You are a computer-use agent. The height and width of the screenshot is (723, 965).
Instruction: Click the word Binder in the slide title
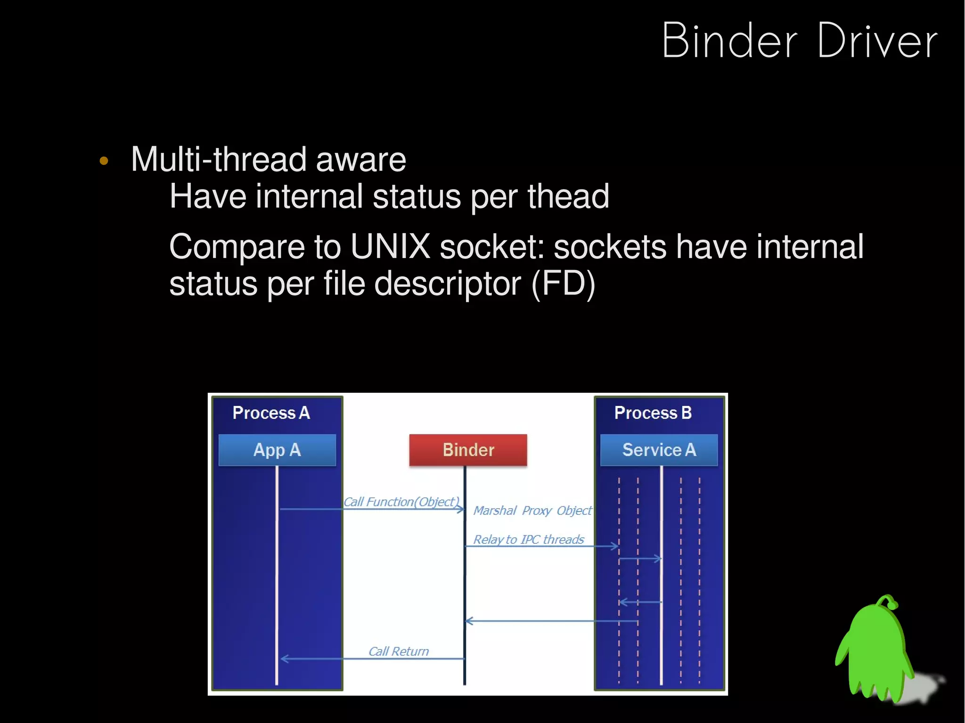pos(729,41)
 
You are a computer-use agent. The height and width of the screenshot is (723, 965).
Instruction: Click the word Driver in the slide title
pos(877,41)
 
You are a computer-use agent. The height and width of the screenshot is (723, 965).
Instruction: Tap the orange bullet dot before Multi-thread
pos(104,161)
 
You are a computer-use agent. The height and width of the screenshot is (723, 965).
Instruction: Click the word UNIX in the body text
pos(390,246)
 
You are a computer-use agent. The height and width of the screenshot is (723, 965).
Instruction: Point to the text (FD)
pos(563,284)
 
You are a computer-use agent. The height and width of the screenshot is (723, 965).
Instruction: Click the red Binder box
pos(468,450)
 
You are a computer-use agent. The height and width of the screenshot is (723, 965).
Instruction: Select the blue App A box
pos(277,450)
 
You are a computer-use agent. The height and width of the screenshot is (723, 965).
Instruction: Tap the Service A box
pos(659,450)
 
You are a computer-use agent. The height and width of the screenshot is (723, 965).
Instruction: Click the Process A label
pos(271,413)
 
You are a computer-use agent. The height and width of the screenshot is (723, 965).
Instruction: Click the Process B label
pos(653,413)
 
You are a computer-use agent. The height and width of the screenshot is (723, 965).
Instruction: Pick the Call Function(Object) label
pos(401,502)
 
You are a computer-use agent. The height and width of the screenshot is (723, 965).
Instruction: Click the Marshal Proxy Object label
pos(532,511)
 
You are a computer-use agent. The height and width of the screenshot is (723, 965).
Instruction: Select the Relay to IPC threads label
pos(528,539)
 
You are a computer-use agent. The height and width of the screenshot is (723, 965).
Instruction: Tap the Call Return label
pos(399,651)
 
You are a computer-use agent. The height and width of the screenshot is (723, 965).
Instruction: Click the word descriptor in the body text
pos(447,284)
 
